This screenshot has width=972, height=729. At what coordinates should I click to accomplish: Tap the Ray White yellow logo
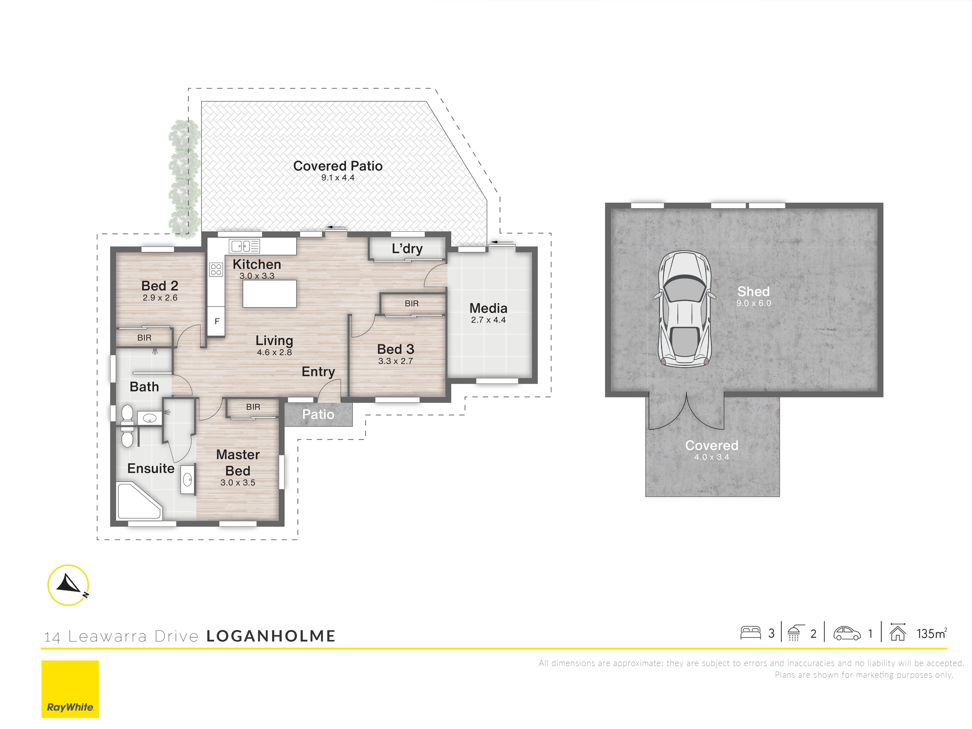point(70,689)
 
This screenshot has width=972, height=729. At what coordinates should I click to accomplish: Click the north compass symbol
point(68,585)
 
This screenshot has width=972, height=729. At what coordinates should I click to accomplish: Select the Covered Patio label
point(337,166)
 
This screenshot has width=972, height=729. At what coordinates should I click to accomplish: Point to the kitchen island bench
point(269,294)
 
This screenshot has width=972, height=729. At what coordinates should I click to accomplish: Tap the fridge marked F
point(217,321)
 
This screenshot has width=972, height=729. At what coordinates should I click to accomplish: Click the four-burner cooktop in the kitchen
point(216,269)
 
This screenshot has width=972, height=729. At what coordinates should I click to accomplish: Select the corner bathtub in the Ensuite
point(139,501)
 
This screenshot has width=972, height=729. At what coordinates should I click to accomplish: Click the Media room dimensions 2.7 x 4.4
point(488,320)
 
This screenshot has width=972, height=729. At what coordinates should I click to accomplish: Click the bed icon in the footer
point(751,633)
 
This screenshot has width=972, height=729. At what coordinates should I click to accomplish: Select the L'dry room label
point(407,249)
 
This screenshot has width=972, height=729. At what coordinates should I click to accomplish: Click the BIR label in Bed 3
point(412,304)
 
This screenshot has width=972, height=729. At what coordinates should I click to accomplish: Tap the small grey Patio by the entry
point(318,414)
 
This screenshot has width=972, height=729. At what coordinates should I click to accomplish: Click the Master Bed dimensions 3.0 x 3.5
point(238,482)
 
